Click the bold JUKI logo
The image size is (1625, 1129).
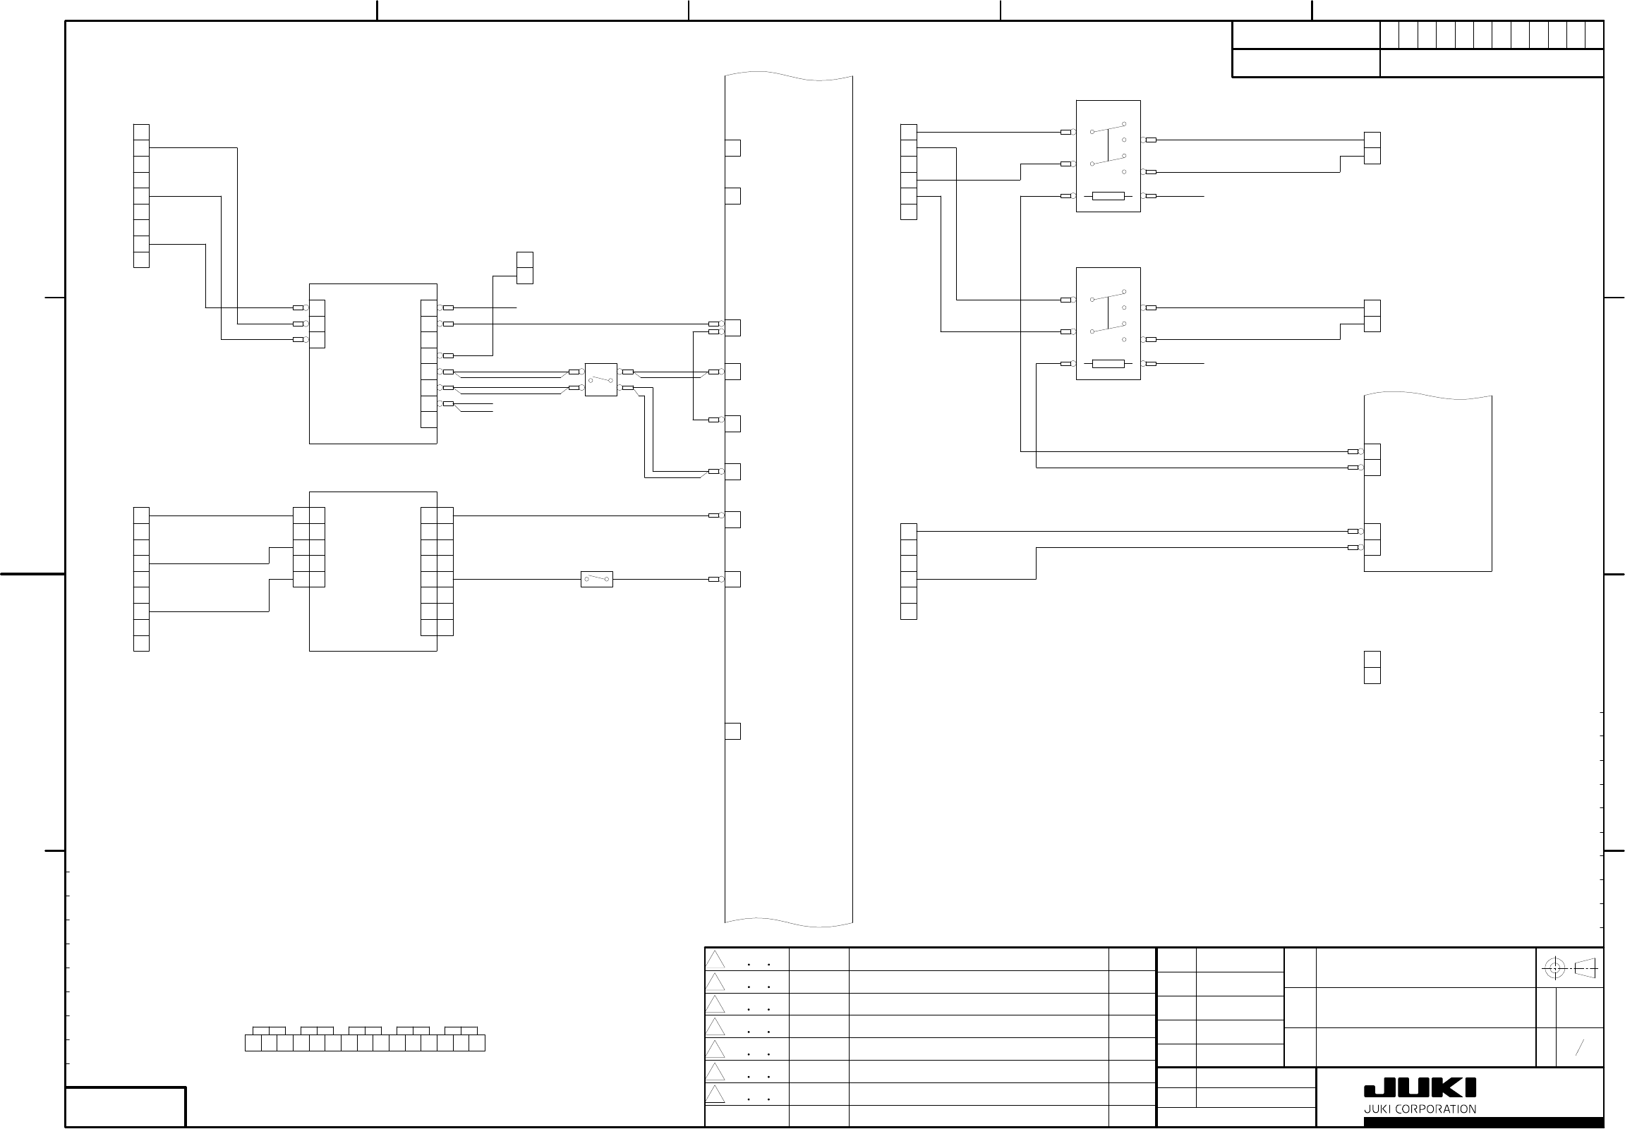[x=1420, y=1088]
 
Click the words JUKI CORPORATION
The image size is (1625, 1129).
[x=1420, y=1109]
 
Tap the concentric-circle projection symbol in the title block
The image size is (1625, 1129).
[x=1554, y=968]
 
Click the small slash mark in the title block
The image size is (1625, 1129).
[x=1579, y=1048]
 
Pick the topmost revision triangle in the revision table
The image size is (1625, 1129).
[x=715, y=960]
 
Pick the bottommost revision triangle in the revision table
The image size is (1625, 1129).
[x=715, y=1094]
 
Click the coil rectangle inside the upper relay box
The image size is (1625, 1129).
[x=1108, y=196]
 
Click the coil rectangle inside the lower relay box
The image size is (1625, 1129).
[x=1108, y=364]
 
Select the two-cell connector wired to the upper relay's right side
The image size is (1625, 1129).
[x=1372, y=148]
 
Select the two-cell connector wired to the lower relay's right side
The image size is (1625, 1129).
[x=1372, y=316]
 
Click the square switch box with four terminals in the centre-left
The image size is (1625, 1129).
[x=601, y=380]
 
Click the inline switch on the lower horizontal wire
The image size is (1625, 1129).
[x=597, y=580]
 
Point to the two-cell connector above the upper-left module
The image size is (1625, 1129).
[x=524, y=268]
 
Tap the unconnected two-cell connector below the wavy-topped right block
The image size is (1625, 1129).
[x=1372, y=667]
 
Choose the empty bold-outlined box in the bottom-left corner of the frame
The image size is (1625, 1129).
[x=126, y=1106]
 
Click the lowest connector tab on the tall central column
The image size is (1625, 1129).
[x=732, y=731]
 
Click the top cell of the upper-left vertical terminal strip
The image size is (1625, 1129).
[x=142, y=133]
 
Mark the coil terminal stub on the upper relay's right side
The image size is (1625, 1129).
[x=1149, y=196]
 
